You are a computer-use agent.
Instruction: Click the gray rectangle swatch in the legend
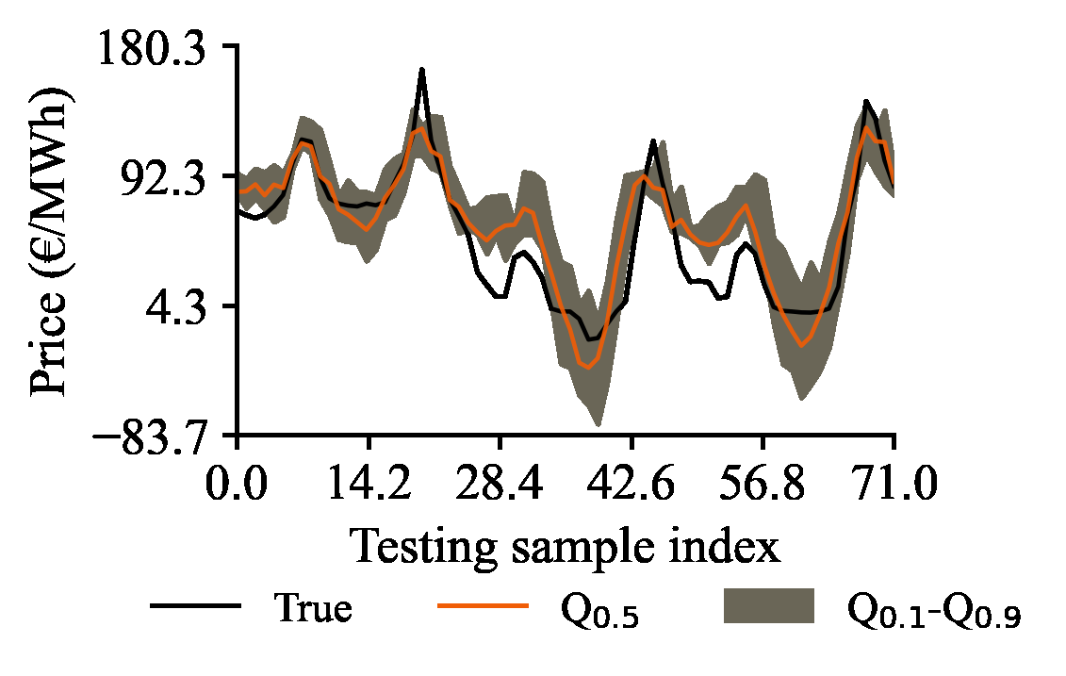768,605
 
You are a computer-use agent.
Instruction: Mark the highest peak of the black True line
422,70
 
